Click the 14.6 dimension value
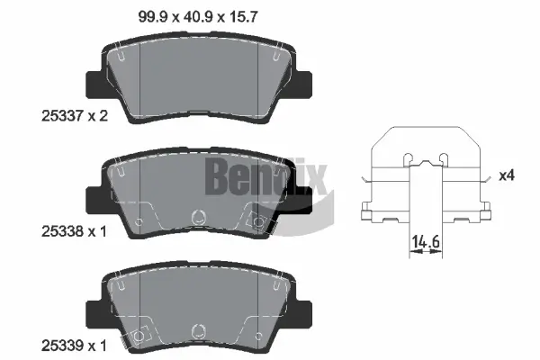coord(424,241)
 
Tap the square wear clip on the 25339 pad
coord(138,336)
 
